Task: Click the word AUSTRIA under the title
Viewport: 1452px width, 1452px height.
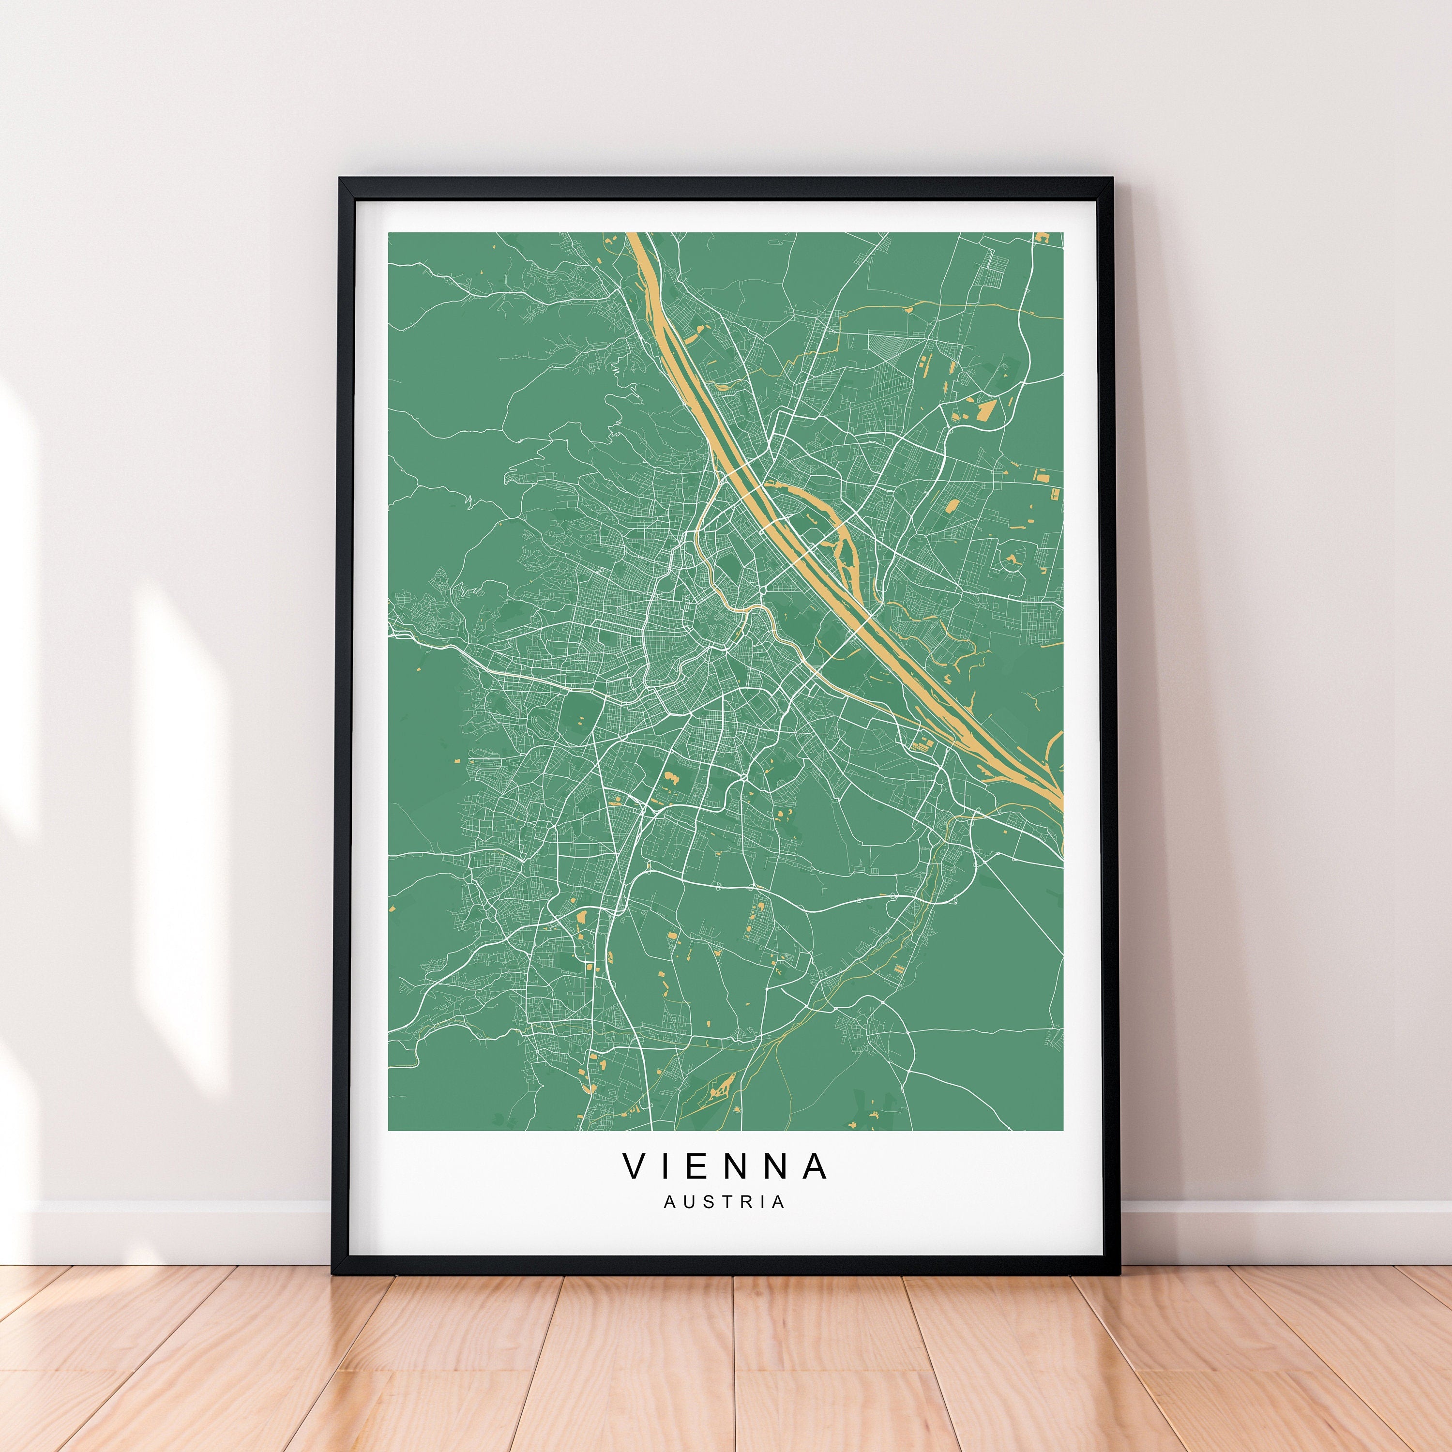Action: tap(725, 1223)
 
